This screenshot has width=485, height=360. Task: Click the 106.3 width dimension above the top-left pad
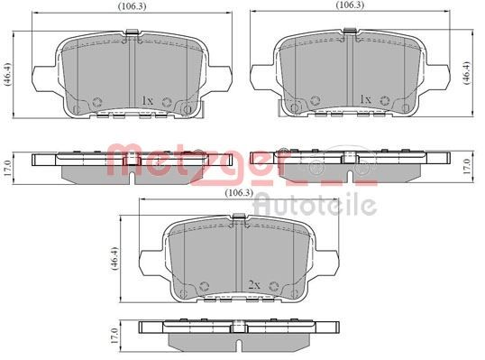(x=133, y=6)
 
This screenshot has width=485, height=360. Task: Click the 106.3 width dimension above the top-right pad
(x=350, y=5)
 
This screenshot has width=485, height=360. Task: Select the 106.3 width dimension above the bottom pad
(x=239, y=193)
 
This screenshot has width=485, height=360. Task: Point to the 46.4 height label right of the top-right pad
(x=466, y=73)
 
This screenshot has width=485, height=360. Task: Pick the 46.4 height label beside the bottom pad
(x=114, y=259)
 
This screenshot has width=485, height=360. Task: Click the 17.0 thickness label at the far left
(x=7, y=169)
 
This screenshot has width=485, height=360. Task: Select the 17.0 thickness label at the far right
(x=467, y=166)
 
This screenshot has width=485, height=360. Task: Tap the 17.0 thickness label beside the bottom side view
(x=115, y=336)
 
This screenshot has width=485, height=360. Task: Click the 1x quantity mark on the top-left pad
(x=147, y=100)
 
